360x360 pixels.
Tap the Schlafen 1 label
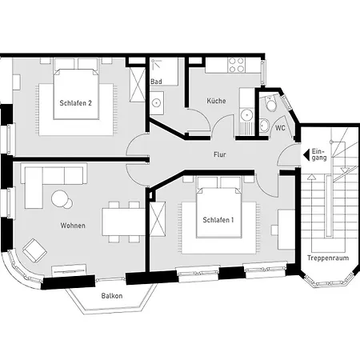click(x=218, y=220)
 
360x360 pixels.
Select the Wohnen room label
click(x=73, y=226)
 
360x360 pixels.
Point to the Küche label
click(x=216, y=102)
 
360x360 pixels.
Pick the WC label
click(x=280, y=127)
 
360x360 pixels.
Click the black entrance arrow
click(x=306, y=154)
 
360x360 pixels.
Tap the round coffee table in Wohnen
click(x=61, y=198)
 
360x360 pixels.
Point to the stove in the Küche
click(x=238, y=64)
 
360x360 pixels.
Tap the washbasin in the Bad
click(x=158, y=99)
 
